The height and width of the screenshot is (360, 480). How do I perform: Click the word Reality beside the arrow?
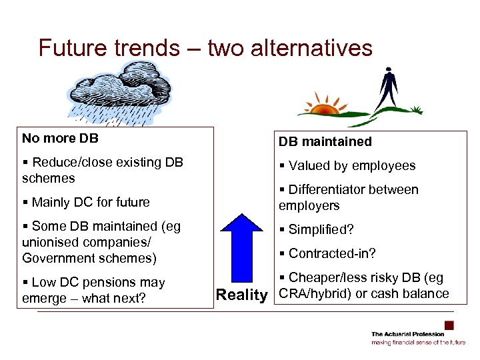click(241, 295)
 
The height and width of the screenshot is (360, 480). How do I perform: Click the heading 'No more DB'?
click(60, 139)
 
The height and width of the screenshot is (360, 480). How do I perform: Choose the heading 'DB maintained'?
click(325, 141)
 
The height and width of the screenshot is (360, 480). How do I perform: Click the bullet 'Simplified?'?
click(320, 229)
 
